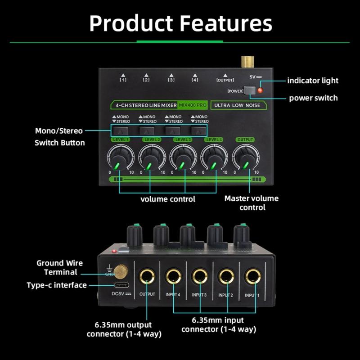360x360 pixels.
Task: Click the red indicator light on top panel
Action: coord(260,91)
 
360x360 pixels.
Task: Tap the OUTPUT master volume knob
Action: coord(243,157)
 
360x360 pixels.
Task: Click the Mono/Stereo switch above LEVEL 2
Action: coord(146,130)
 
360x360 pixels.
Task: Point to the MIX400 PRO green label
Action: coord(193,105)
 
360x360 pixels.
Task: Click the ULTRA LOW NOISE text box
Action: coord(238,105)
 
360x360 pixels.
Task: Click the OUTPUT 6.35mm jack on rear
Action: coord(147,276)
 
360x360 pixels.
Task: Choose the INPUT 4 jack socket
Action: coord(173,276)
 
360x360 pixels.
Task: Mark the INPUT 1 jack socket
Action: coord(253,276)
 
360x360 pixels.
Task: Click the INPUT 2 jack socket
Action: coord(226,276)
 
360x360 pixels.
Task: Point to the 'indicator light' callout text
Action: coord(313,81)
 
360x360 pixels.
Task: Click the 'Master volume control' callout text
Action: coord(252,203)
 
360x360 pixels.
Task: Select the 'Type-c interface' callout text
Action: coord(57,285)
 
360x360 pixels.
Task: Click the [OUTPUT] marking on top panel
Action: coord(225,80)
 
